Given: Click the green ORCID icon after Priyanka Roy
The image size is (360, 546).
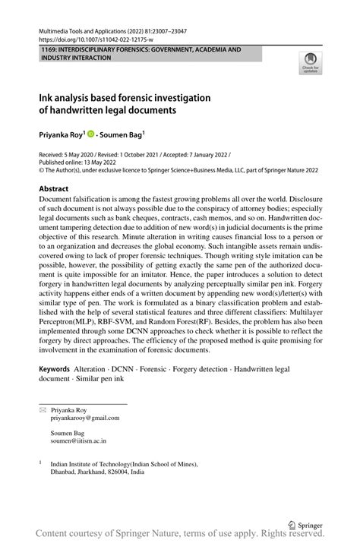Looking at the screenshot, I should tap(90, 134).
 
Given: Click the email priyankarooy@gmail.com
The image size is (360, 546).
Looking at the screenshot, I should tap(85, 418).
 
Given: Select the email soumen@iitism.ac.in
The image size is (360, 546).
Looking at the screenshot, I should tap(78, 440).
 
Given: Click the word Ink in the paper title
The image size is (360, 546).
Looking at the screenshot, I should tap(47, 98).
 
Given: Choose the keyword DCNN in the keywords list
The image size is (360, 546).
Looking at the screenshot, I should tap(119, 368).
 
